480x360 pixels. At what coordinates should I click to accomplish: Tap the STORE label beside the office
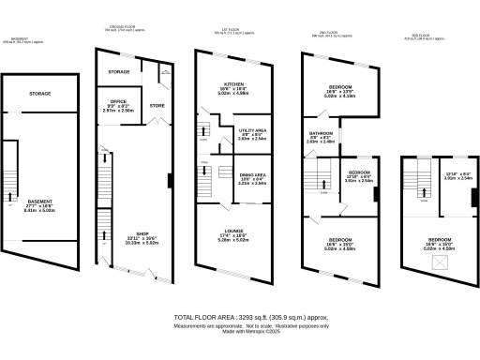pyautogui.click(x=157, y=106)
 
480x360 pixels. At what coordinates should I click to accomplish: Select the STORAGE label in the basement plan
pyautogui.click(x=39, y=94)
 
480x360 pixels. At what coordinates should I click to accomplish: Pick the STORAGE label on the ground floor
pyautogui.click(x=118, y=71)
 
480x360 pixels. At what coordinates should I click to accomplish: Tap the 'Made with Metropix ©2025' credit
pyautogui.click(x=249, y=332)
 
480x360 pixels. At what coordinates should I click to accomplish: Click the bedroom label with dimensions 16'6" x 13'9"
pyautogui.click(x=340, y=90)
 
